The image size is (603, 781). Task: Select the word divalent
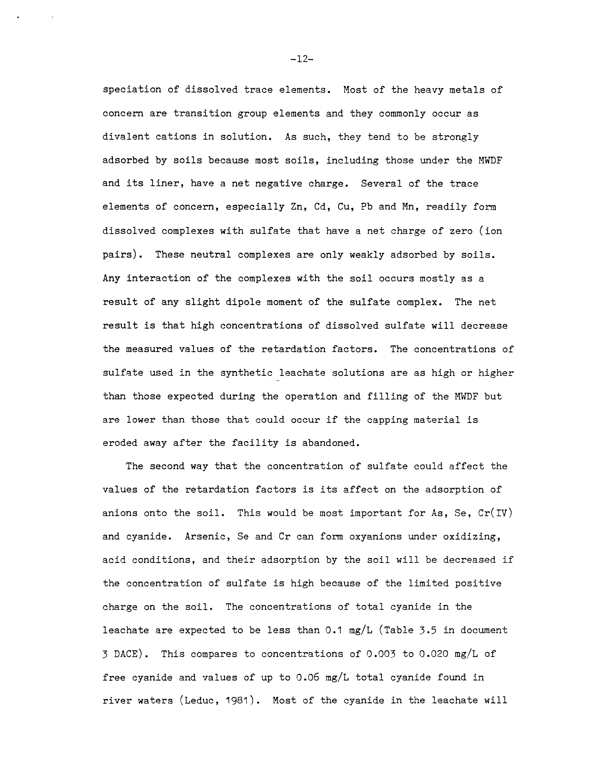[126, 137]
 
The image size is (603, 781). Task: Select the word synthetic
[246, 373]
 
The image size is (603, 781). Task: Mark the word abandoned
[330, 443]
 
